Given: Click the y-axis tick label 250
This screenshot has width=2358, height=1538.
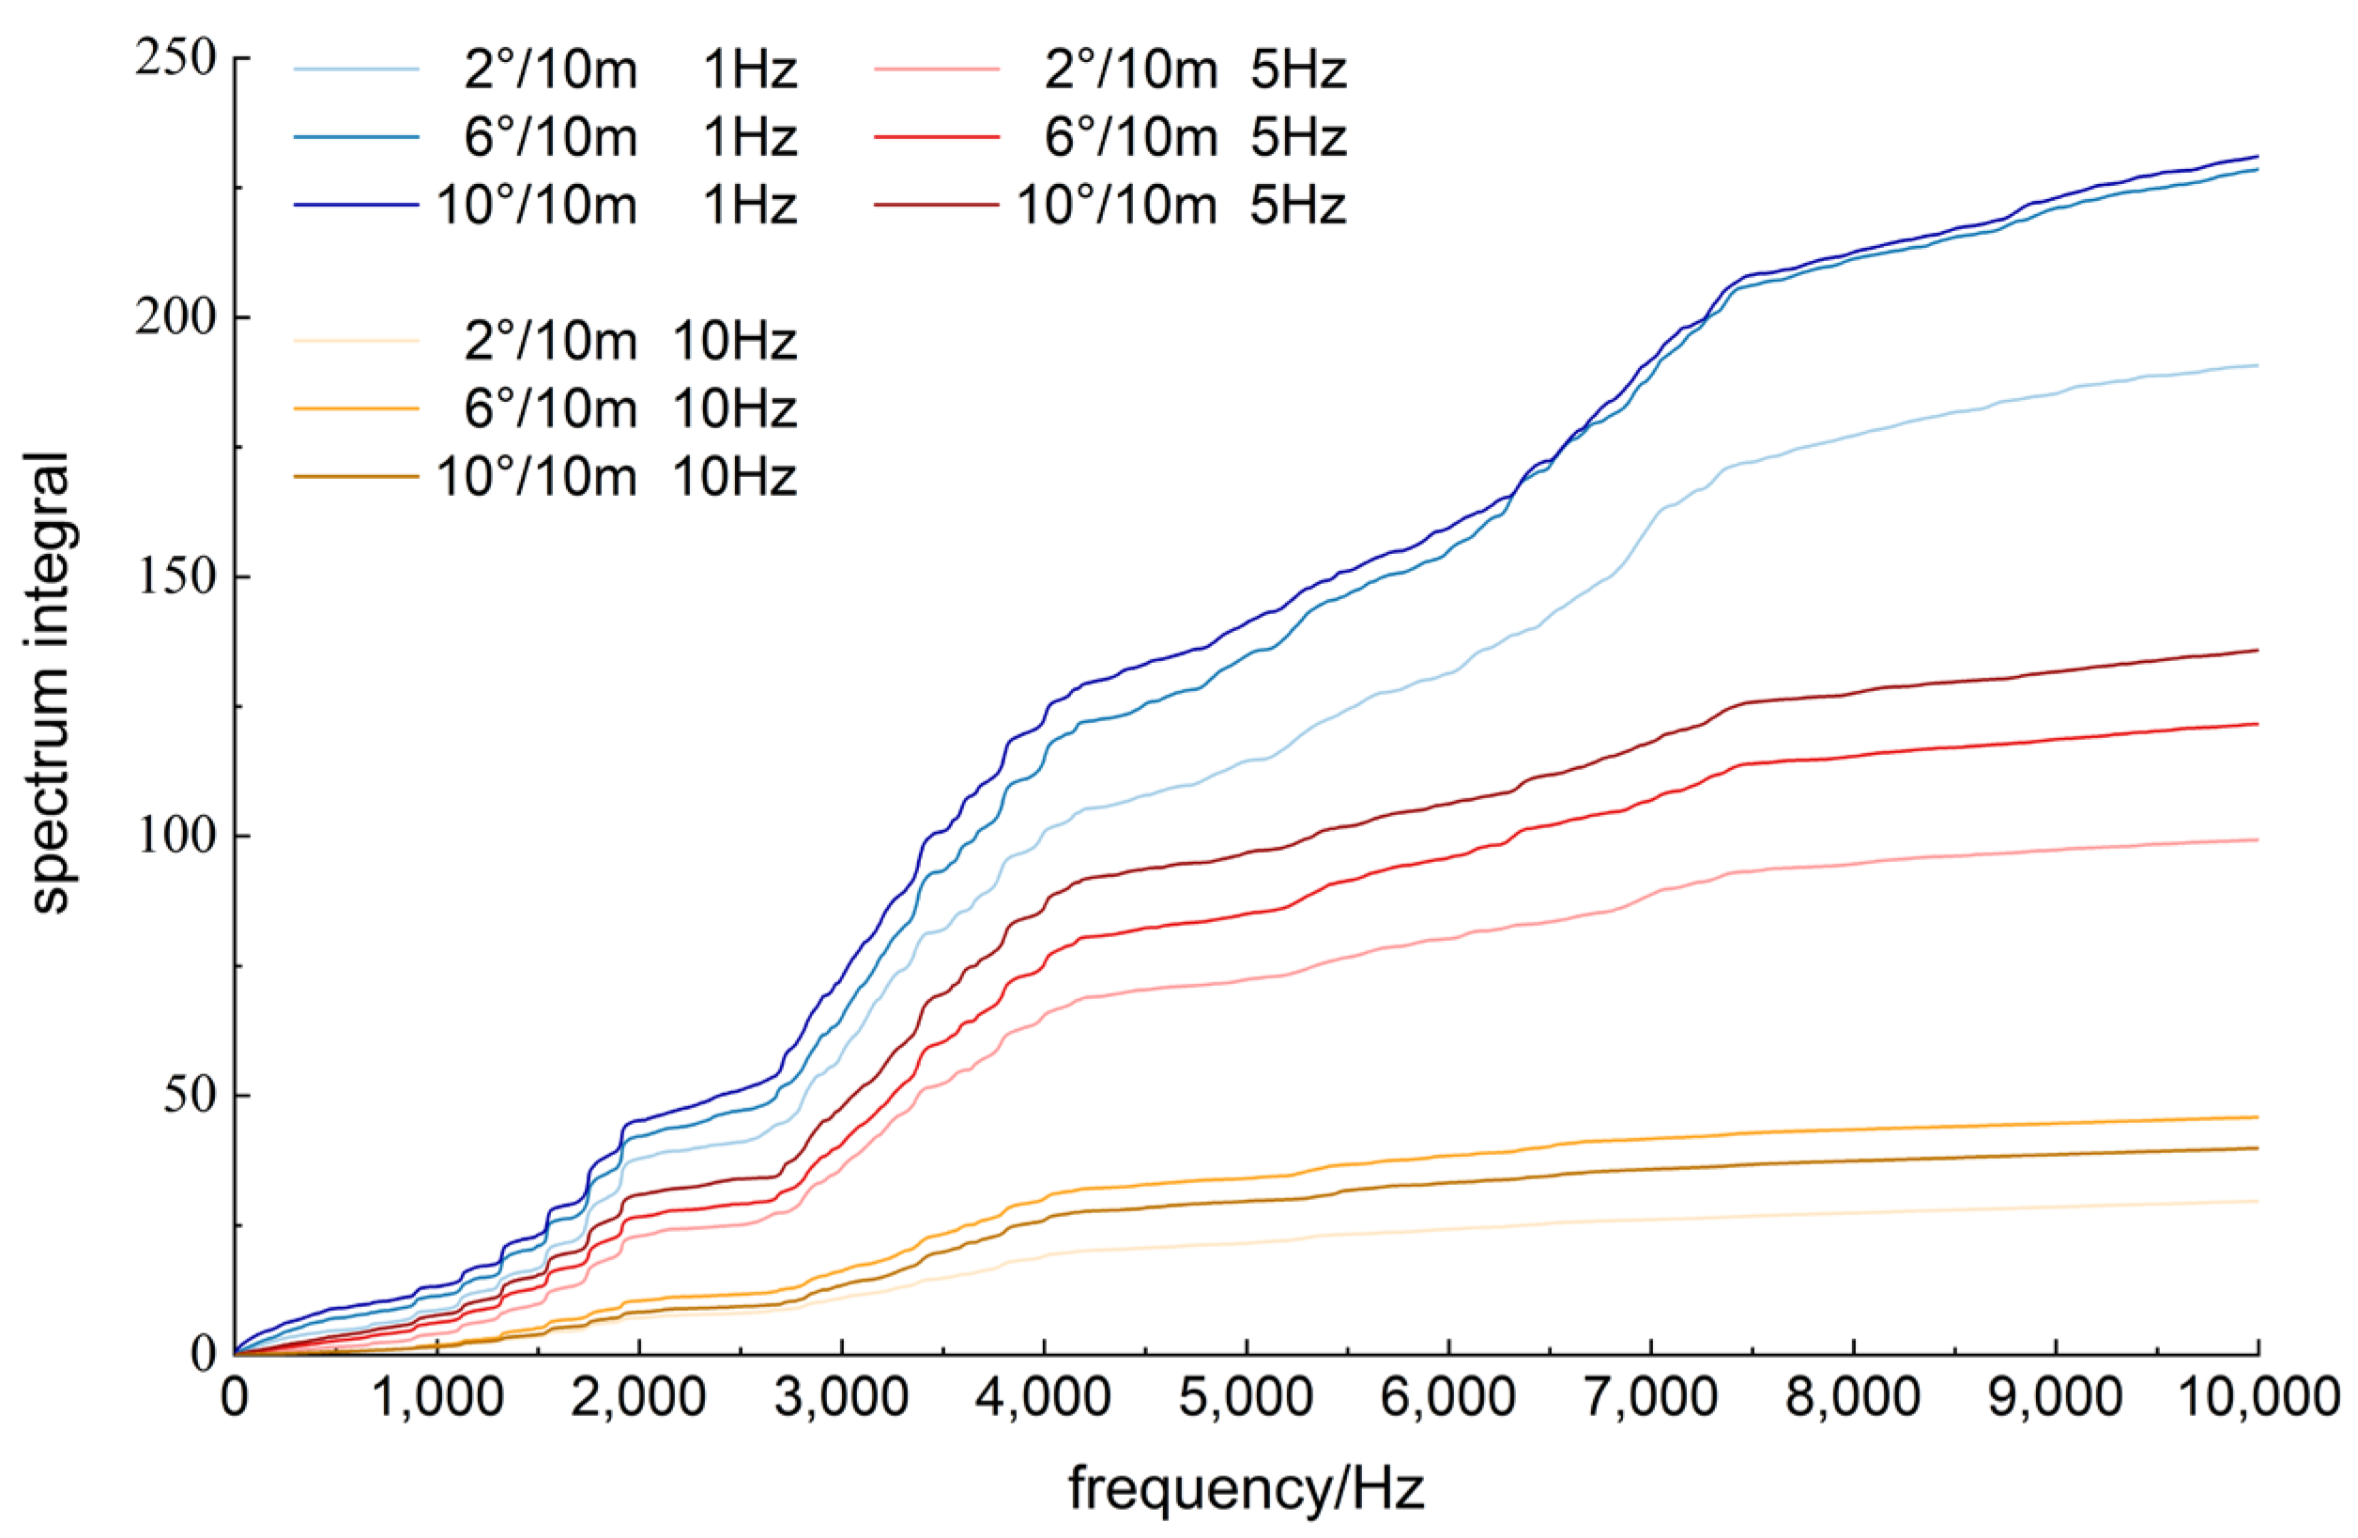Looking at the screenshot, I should [x=176, y=58].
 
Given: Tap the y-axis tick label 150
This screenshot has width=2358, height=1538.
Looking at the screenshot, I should [x=176, y=577].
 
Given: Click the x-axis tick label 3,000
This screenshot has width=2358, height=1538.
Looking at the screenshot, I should [x=841, y=1397].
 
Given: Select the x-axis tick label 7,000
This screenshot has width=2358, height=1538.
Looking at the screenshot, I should [x=1650, y=1397].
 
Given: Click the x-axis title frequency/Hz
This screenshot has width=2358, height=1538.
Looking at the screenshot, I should [x=1247, y=1488].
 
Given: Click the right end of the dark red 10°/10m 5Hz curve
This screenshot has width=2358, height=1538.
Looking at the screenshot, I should [x=2257, y=650].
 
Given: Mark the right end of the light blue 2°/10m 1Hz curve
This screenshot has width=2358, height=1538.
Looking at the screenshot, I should [x=2257, y=365].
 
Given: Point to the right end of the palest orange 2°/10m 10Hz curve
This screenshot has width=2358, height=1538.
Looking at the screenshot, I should [x=2257, y=1201].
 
